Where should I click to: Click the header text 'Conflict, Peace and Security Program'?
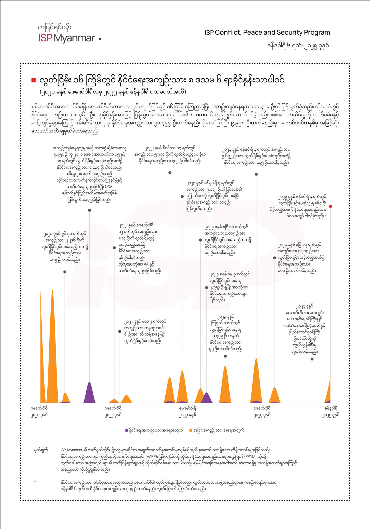coord(272,33)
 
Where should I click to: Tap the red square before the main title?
coord(33,80)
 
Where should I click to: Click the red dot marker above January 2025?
coord(330,207)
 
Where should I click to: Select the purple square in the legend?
coord(126,430)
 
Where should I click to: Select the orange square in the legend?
coord(190,430)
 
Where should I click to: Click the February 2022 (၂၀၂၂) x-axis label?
coord(113,411)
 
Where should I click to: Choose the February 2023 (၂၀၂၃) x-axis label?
coord(188,411)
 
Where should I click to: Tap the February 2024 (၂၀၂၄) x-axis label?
coord(262,411)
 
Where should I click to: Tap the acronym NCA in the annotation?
coord(108,187)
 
